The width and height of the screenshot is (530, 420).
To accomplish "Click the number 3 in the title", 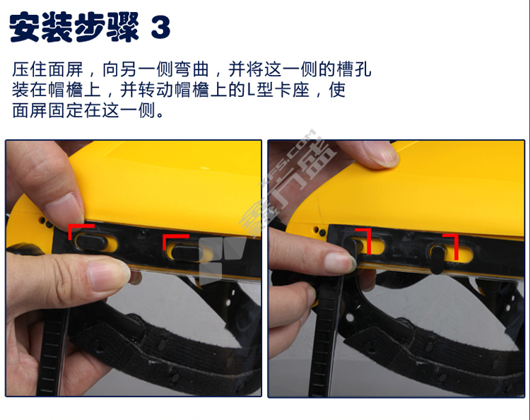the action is (160, 27).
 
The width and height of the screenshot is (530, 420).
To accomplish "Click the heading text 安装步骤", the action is (74, 27).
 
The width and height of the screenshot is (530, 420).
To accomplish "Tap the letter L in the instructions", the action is (251, 90).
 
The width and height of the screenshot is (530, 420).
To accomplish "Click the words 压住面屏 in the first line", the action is (47, 69).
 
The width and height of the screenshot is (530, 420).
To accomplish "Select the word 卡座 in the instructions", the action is (293, 90).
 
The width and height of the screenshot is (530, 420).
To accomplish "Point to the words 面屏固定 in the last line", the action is (47, 110).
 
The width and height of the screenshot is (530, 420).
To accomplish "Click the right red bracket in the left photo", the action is (175, 241).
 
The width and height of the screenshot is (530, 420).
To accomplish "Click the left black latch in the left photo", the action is (90, 241).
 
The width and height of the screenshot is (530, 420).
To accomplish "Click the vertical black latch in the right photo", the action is (437, 259).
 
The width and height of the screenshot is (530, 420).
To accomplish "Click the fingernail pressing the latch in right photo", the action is (340, 262).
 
